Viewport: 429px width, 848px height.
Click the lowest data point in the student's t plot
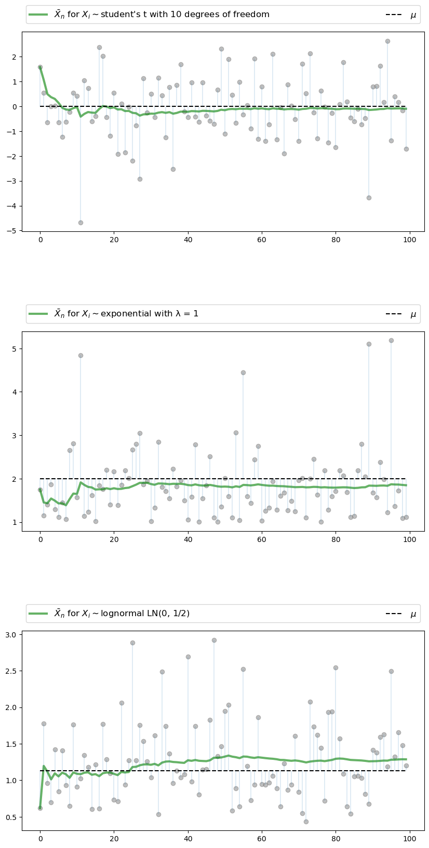(x=81, y=223)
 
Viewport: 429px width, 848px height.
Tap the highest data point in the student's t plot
(x=387, y=41)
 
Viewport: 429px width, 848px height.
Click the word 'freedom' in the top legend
(x=251, y=15)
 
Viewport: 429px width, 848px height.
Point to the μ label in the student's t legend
(x=413, y=15)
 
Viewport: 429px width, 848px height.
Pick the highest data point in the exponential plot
(x=391, y=340)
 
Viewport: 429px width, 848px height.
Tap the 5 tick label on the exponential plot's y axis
(x=16, y=349)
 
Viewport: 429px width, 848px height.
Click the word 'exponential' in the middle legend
(x=129, y=314)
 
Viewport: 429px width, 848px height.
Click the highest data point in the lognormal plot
(x=214, y=640)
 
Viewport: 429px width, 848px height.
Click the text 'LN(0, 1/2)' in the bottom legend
(x=166, y=614)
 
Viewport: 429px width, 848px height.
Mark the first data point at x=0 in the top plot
(x=40, y=67)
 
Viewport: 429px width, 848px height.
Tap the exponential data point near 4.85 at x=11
(x=81, y=355)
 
